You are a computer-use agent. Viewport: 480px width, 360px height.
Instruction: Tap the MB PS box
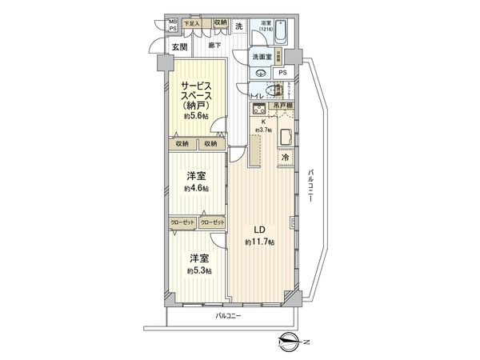click(172, 25)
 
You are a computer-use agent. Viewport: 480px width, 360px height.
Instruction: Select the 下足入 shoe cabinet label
click(193, 24)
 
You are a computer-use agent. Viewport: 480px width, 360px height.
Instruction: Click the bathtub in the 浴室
click(266, 35)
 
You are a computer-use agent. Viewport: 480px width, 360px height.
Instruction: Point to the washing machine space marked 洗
click(238, 27)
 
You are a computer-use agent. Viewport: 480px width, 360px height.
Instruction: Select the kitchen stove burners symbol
click(259, 110)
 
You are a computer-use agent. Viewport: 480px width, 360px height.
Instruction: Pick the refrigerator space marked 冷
click(286, 158)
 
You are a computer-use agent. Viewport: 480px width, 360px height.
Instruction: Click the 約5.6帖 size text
click(195, 115)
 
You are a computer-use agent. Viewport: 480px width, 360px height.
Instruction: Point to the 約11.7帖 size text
click(260, 242)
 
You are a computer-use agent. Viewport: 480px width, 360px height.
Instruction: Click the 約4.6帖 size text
click(196, 189)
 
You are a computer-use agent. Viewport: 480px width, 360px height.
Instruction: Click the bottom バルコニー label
click(228, 316)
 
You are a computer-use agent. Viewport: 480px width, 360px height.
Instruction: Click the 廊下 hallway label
click(214, 46)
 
